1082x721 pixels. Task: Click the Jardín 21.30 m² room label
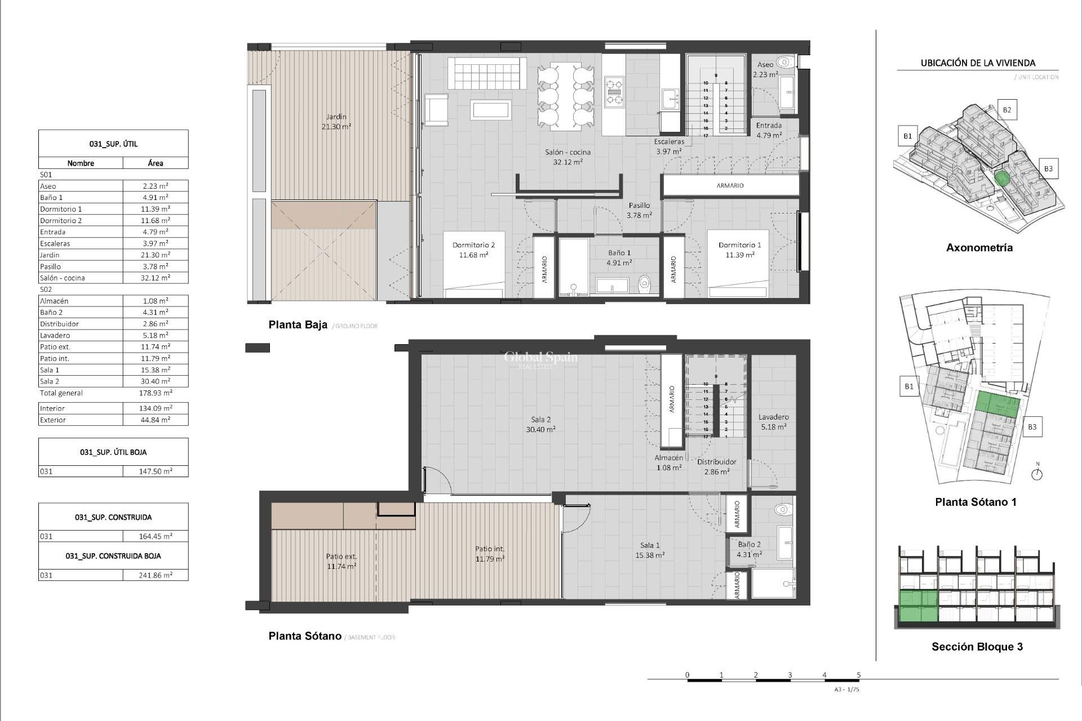coord(336,122)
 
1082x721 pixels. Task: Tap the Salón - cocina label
coord(567,157)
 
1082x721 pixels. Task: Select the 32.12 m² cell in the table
coord(156,278)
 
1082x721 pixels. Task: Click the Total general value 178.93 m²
coord(156,393)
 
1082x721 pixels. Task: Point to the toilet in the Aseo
coord(784,62)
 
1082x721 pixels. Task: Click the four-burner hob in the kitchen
coord(614,92)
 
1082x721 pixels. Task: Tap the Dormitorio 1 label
coord(739,250)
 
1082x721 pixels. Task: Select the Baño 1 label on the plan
coord(619,257)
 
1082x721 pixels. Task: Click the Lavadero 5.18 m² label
coord(773,422)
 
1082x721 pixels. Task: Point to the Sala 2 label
coord(540,424)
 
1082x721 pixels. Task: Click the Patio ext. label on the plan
coord(342,561)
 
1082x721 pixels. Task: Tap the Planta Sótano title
coord(305,636)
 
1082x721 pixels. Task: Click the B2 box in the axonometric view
coord(1006,110)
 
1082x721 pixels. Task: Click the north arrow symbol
coord(1036,473)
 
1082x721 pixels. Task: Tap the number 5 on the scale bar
coord(858,675)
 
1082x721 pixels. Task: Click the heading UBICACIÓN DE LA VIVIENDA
coord(978,63)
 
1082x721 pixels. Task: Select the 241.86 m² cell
coord(156,575)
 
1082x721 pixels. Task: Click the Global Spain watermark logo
coord(540,359)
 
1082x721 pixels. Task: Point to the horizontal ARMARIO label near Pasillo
coord(730,185)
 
